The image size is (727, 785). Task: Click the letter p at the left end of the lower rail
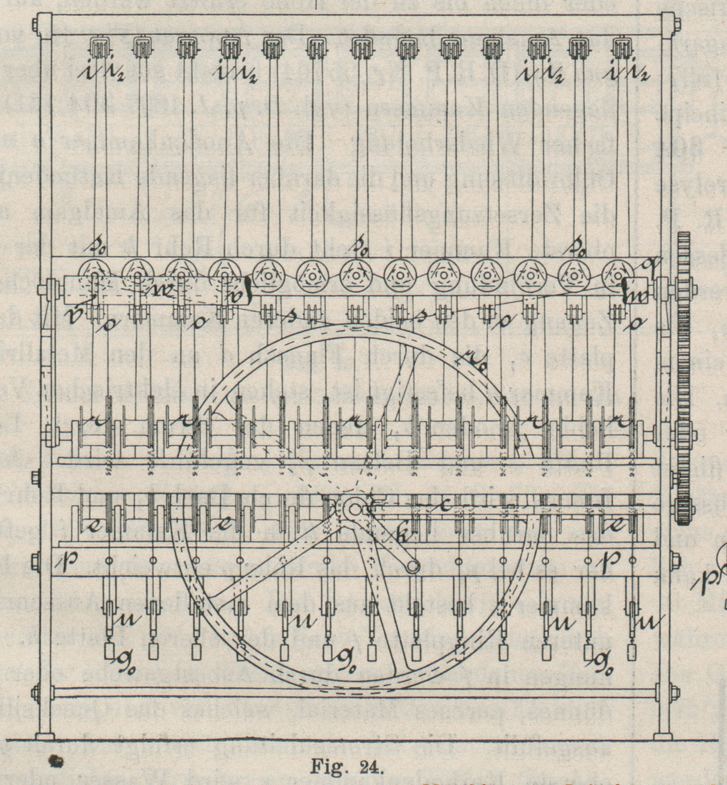tap(62, 562)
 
